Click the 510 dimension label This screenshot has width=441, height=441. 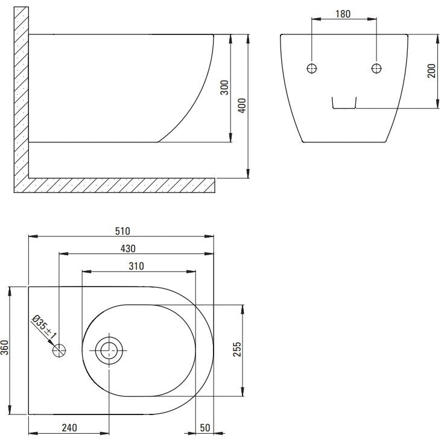122,231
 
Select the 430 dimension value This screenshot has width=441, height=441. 128,249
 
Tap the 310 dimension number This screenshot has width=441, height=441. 136,266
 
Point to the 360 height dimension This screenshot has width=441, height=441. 5,347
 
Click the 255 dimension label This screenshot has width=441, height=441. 237,349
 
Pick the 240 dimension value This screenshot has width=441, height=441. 69,428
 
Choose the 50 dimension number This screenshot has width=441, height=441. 205,428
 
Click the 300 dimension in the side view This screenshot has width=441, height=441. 224,87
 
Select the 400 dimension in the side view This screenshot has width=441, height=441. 242,106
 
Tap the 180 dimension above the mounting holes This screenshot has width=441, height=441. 343,14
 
